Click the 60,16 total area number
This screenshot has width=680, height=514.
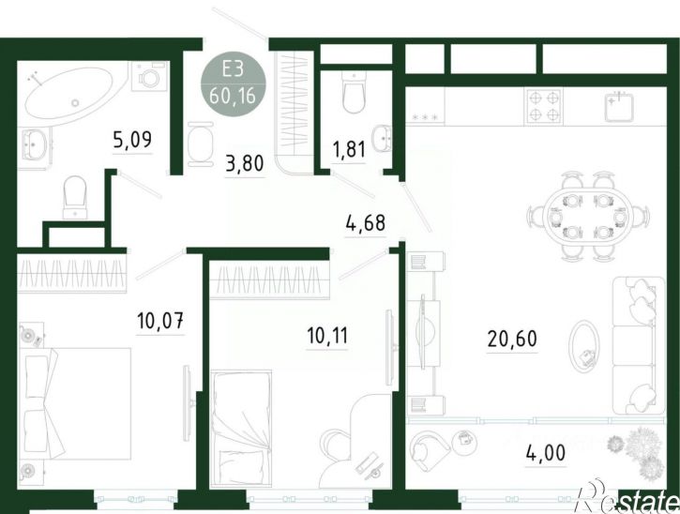tap(233, 96)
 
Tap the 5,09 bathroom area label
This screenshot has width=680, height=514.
tap(132, 140)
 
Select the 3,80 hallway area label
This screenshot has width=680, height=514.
tap(245, 163)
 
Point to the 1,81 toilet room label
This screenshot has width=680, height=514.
tap(349, 150)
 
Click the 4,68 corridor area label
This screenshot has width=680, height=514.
tap(366, 223)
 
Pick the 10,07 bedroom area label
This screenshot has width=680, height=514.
tap(160, 321)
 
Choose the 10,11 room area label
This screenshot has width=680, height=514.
tap(327, 336)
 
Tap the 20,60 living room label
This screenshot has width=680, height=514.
tap(512, 339)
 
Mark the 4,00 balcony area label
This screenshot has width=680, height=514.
tap(546, 453)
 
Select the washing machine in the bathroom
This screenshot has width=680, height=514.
tap(150, 76)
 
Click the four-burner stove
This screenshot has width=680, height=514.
tap(544, 106)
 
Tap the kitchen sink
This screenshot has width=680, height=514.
tap(619, 106)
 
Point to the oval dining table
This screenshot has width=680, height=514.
tap(588, 216)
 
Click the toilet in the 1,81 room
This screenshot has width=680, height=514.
tap(354, 92)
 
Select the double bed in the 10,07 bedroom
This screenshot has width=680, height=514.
tap(75, 403)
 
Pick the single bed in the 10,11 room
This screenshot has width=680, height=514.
tap(241, 429)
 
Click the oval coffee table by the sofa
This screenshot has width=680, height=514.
tap(584, 346)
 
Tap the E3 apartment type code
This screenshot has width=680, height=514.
tap(234, 69)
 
